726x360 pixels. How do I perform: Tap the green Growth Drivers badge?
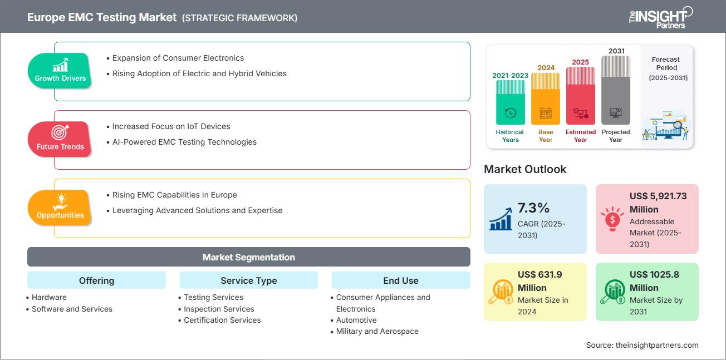60,71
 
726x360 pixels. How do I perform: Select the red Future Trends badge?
60,139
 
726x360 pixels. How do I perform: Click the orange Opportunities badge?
60,208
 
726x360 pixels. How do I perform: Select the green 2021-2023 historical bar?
510,102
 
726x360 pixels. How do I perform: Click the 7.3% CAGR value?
533,208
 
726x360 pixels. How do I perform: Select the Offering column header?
96,280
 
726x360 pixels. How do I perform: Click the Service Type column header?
248,280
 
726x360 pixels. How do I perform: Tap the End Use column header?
400,280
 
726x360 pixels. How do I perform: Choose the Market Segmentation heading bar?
248,257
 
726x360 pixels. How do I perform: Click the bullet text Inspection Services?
219,309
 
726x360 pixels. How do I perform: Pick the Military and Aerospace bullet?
377,331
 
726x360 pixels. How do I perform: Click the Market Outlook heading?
525,169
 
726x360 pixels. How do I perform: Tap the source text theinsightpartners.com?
642,345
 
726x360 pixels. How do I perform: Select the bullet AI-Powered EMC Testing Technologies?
184,142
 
